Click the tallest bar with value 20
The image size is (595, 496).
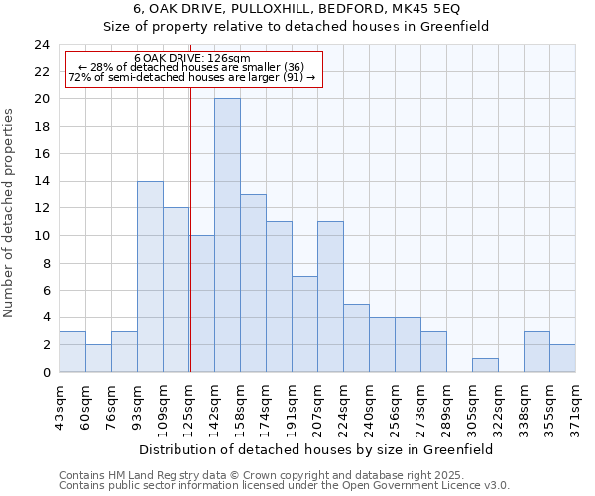point(227,235)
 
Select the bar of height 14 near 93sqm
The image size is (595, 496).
point(150,276)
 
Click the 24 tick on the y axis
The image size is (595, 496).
point(42,45)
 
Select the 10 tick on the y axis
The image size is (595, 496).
point(42,236)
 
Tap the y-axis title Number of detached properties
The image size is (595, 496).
point(10,213)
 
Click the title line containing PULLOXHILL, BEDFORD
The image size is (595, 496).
point(297,9)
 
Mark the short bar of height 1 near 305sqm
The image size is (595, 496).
point(485,365)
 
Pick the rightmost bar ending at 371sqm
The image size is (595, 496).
point(562,358)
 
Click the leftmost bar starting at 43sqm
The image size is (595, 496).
point(72,351)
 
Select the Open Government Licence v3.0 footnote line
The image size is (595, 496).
point(285,486)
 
